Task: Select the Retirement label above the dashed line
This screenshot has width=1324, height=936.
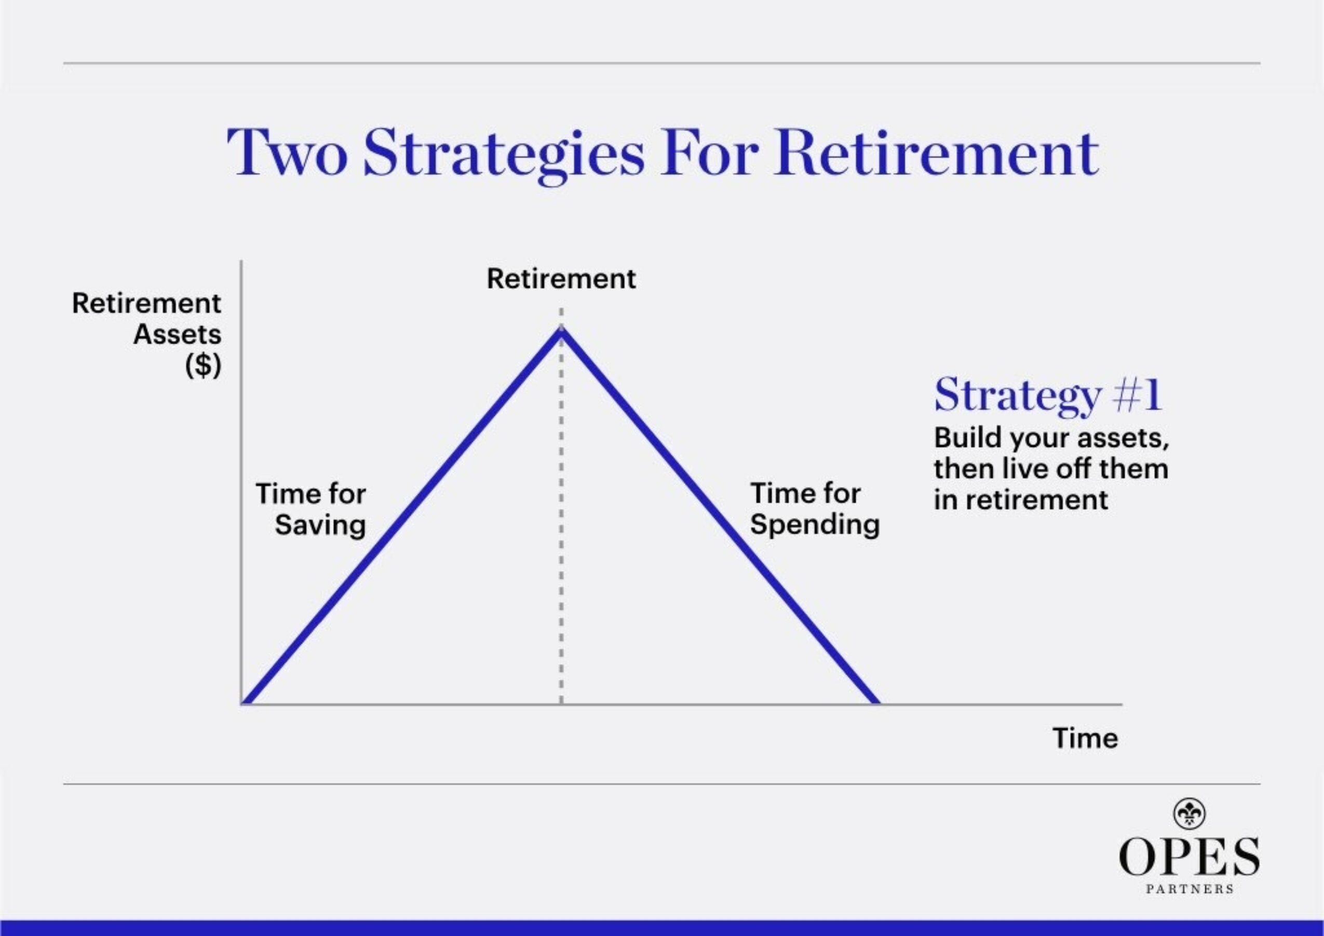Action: coord(561,279)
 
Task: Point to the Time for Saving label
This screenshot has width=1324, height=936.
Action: coord(312,510)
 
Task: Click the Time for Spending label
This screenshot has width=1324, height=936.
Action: coord(814,509)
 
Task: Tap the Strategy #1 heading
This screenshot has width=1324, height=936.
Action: coord(1048,396)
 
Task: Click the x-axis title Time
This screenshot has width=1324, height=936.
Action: coord(1085,738)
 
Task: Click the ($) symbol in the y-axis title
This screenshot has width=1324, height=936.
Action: coord(203,365)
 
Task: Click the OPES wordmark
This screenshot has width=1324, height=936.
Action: coord(1189,856)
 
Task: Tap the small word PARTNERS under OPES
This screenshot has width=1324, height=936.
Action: coord(1189,889)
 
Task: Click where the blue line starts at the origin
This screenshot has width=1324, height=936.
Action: coord(245,703)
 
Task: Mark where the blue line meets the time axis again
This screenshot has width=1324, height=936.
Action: coord(877,703)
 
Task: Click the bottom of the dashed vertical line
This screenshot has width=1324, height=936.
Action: coord(561,701)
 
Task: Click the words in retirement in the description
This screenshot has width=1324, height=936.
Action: coord(1020,500)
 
